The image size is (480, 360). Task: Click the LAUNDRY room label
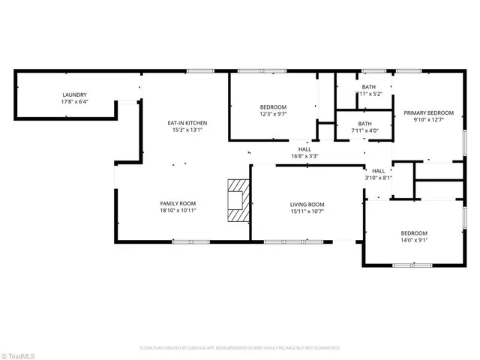75,94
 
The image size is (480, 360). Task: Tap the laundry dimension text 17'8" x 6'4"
75,102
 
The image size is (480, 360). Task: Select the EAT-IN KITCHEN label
187,123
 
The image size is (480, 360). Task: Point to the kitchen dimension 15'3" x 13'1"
187,130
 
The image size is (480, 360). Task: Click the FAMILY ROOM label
178,204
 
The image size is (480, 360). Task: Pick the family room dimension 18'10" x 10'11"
178,211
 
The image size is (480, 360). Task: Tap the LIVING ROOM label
307,205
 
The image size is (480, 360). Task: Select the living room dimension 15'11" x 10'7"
307,212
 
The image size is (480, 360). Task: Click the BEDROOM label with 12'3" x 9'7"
273,107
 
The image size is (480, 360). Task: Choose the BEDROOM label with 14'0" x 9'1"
414,233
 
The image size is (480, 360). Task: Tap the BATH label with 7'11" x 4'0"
364,124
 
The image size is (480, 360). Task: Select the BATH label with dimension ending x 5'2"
368,87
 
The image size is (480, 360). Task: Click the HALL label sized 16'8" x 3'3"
304,149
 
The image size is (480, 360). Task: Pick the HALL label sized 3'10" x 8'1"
378,171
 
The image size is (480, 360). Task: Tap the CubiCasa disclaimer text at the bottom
240,348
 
